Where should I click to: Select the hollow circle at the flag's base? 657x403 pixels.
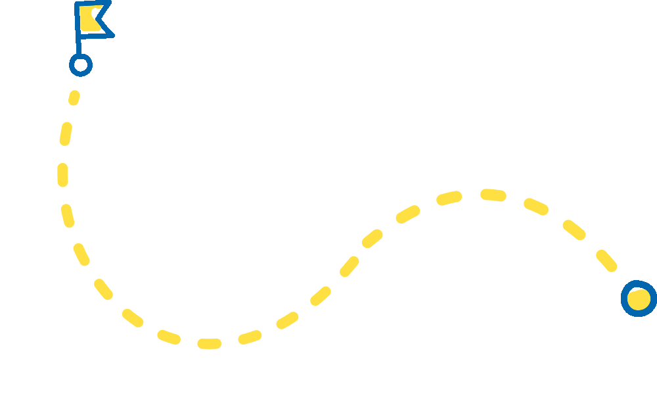click(81, 65)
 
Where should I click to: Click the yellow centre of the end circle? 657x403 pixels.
click(638, 299)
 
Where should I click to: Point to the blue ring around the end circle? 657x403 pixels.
click(625, 299)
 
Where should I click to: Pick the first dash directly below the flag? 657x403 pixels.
click(74, 98)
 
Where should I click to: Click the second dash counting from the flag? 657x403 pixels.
click(65, 133)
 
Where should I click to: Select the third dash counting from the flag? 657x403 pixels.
click(62, 174)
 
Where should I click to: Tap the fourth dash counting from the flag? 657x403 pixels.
click(68, 216)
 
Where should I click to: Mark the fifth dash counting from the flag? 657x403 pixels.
click(81, 254)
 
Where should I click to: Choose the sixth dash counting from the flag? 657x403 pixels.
click(103, 289)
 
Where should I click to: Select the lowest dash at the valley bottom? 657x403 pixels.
click(209, 344)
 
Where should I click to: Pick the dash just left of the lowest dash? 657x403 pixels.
click(169, 337)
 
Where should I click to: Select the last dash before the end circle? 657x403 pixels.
click(606, 260)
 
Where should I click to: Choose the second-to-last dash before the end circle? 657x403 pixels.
click(574, 229)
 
